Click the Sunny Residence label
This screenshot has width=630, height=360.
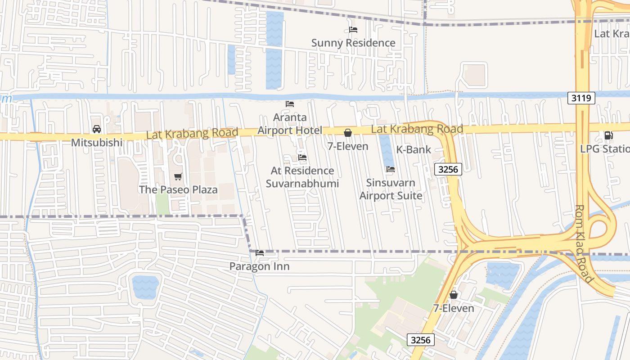(353, 43)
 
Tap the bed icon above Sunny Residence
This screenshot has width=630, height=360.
(353, 30)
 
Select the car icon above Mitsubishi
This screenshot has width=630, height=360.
(97, 129)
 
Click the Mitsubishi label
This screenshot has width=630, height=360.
(97, 143)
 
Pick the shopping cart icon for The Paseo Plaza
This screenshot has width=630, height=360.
(178, 176)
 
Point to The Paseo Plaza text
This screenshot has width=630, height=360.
(178, 189)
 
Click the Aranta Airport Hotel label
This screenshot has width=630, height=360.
(290, 124)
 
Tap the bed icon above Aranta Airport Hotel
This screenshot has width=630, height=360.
(290, 103)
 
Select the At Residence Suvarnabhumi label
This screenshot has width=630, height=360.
(302, 177)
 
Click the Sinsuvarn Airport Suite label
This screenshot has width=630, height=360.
(391, 189)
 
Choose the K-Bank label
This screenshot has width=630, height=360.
(414, 150)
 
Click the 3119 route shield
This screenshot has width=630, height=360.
(581, 98)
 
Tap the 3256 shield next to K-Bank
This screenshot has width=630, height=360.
(448, 169)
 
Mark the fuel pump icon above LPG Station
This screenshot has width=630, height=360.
(608, 135)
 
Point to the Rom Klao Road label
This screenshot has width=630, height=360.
(584, 244)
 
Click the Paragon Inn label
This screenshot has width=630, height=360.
(259, 266)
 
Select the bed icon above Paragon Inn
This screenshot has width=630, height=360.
(260, 253)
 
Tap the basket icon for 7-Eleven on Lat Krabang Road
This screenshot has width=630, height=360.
(348, 133)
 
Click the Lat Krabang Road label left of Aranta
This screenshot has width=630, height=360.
(192, 134)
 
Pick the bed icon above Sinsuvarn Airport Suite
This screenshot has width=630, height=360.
(391, 169)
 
